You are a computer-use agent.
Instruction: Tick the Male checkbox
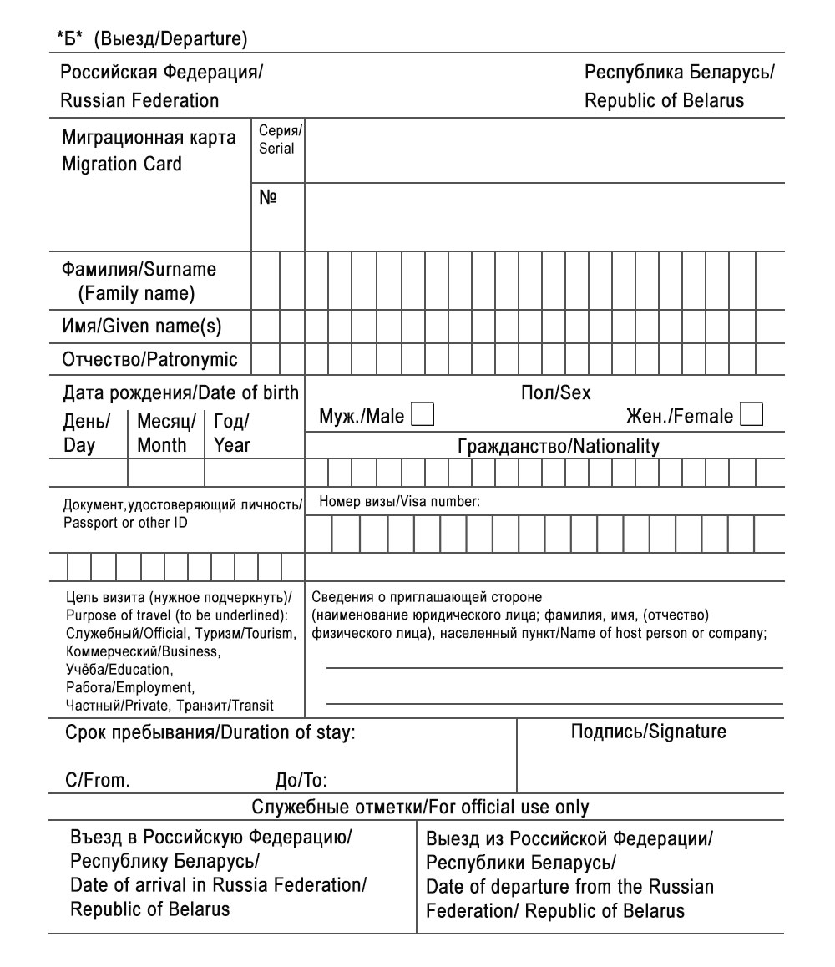coord(423,415)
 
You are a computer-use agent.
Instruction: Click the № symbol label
coord(269,200)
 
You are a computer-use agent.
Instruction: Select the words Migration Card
coord(121,164)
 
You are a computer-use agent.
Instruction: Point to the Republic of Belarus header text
coord(664,101)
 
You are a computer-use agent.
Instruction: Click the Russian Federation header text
coord(139,101)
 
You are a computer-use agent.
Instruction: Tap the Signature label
coord(648,732)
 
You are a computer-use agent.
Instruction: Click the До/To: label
coord(301,782)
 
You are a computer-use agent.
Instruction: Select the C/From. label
coord(97,782)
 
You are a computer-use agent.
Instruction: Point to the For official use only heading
coord(420,808)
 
